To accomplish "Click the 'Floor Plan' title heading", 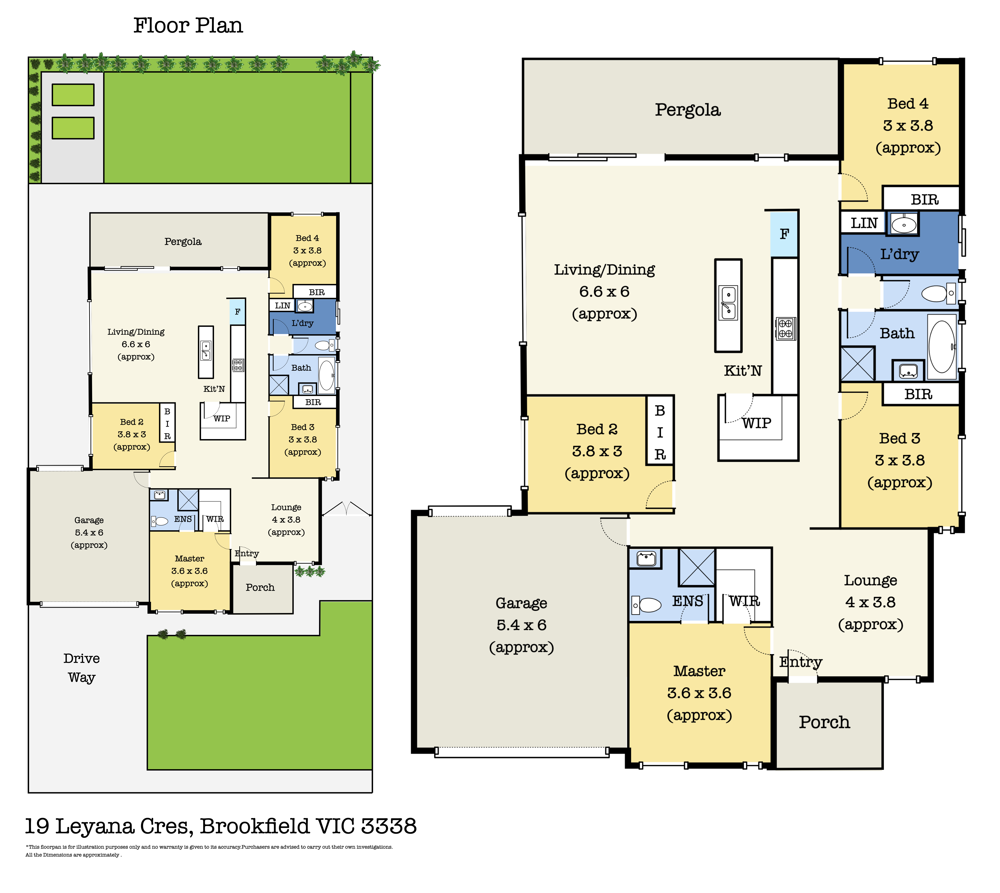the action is [x=188, y=25].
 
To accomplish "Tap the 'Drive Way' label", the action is [x=82, y=668].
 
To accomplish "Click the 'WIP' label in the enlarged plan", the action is [x=756, y=423].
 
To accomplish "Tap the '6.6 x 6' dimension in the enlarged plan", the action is [x=604, y=292].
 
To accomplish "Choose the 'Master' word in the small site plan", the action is [x=190, y=558].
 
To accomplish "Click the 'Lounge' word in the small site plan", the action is [x=286, y=507].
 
